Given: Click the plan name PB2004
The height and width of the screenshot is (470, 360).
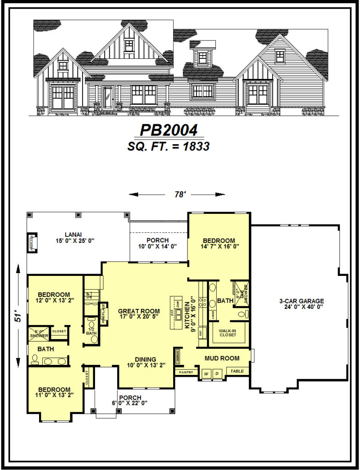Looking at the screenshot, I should (x=169, y=130).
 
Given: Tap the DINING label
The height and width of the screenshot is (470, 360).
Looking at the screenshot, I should (x=145, y=359).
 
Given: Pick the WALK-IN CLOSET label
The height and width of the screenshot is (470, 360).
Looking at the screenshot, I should (x=227, y=332).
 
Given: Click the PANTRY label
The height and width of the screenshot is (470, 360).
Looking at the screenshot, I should (x=186, y=372).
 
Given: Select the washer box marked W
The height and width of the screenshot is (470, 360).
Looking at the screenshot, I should (x=206, y=374).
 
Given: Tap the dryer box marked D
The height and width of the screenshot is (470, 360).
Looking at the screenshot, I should (x=217, y=374).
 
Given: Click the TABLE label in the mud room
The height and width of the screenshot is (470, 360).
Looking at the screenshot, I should (x=237, y=371).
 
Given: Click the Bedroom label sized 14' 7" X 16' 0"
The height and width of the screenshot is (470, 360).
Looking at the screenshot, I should (x=219, y=241).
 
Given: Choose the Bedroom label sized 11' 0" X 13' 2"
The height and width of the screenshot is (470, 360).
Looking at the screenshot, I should (x=54, y=390).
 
